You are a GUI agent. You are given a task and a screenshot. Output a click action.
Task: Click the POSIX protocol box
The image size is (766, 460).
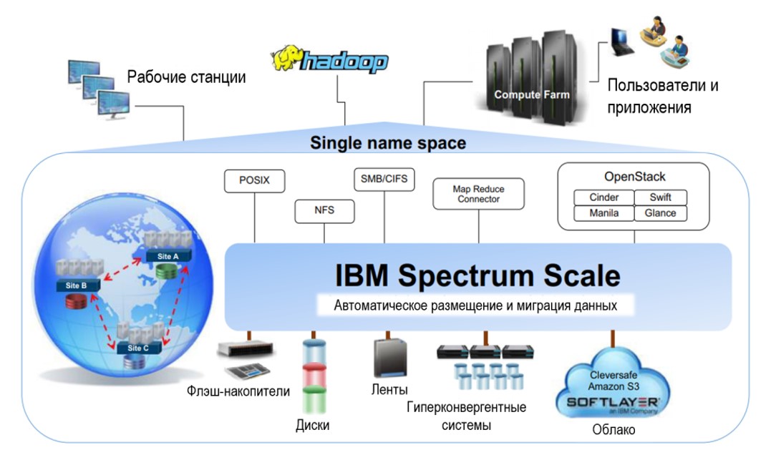pyautogui.click(x=254, y=181)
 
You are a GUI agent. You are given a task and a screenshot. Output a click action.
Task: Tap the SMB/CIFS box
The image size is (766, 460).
pyautogui.click(x=384, y=180)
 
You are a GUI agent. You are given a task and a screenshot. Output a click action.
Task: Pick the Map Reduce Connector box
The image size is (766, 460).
pyautogui.click(x=479, y=194)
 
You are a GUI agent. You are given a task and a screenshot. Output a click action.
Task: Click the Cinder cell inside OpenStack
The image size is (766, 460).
pyautogui.click(x=603, y=197)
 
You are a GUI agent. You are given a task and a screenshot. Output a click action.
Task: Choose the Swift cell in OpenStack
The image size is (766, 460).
pyautogui.click(x=660, y=197)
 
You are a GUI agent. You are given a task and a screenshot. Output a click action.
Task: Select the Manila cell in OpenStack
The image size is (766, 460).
pyautogui.click(x=603, y=212)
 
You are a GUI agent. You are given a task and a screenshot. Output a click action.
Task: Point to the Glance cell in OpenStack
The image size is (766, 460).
pyautogui.click(x=660, y=212)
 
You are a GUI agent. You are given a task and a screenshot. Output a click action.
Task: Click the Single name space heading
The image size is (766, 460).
pyautogui.click(x=387, y=143)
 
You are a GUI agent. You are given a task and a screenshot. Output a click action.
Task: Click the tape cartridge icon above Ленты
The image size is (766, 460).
pyautogui.click(x=389, y=358)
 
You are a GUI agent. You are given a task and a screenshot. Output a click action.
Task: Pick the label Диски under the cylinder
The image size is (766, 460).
pyautogui.click(x=313, y=426)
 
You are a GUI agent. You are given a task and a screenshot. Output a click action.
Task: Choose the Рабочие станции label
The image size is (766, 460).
pyautogui.click(x=187, y=77)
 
